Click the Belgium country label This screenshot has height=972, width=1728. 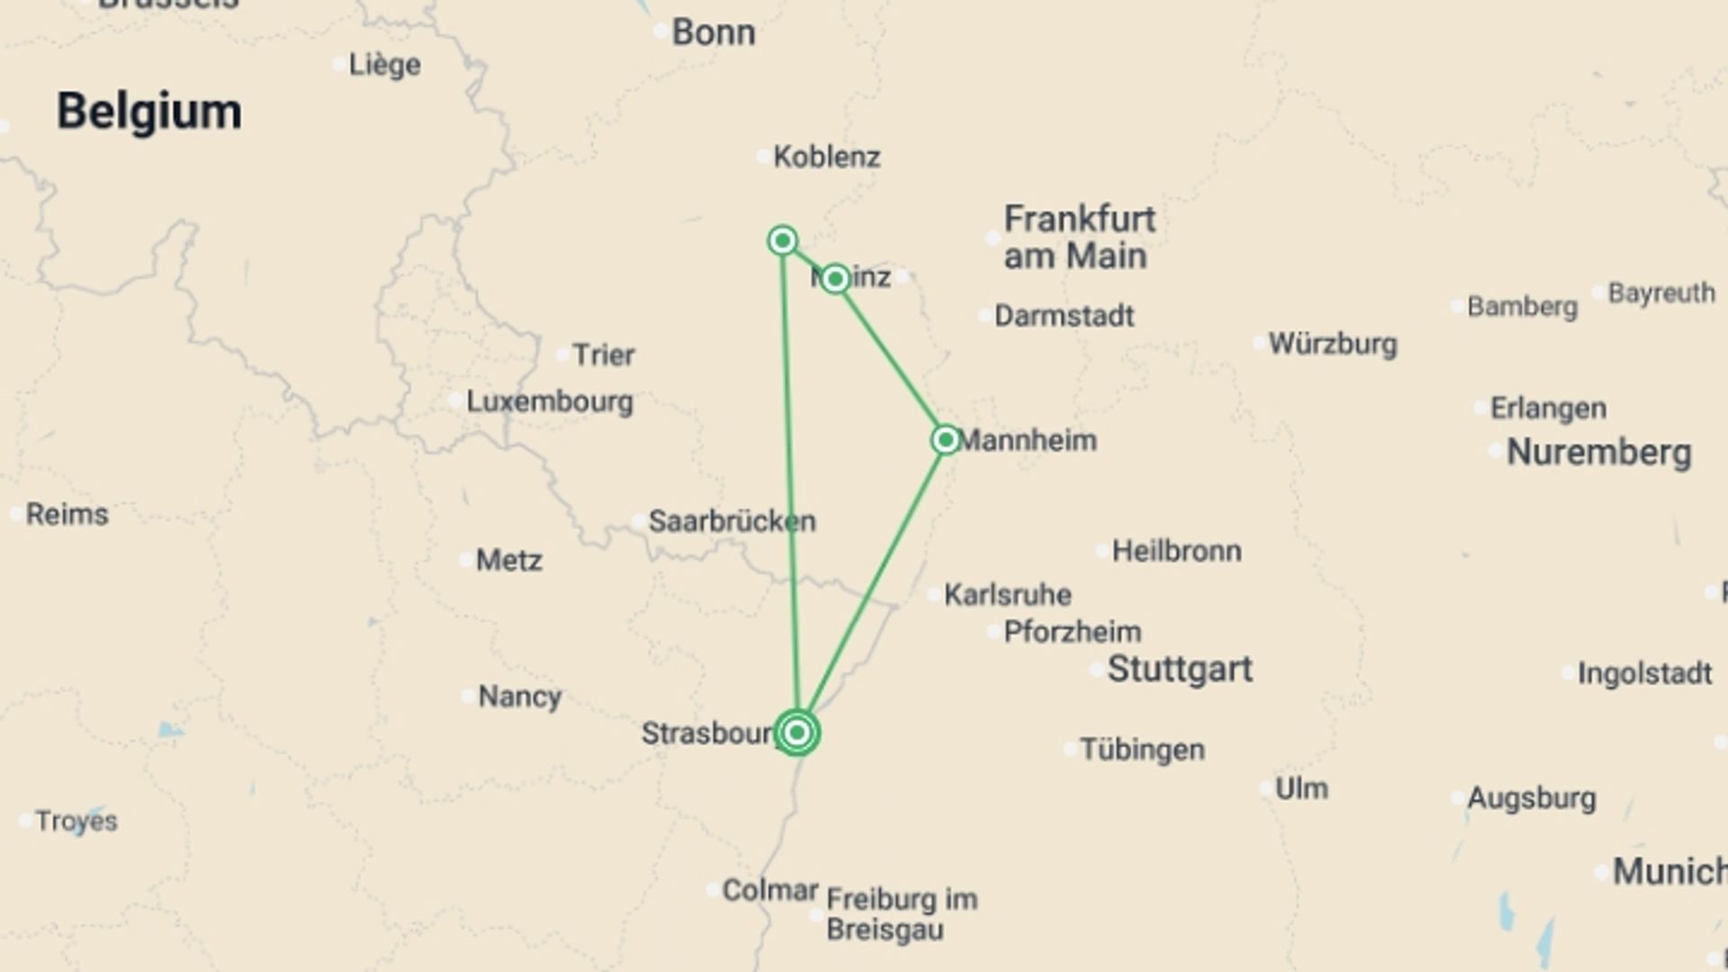pyautogui.click(x=148, y=112)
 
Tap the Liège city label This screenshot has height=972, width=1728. pyautogui.click(x=384, y=65)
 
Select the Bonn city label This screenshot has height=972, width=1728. pyautogui.click(x=713, y=32)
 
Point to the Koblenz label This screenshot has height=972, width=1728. pyautogui.click(x=826, y=157)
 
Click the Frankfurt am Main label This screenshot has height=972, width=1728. pyautogui.click(x=1079, y=238)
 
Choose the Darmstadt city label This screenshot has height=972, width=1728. pyautogui.click(x=1064, y=316)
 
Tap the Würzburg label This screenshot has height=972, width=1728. pyautogui.click(x=1332, y=344)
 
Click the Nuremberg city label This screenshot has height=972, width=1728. pyautogui.click(x=1598, y=452)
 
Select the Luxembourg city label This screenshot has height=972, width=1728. pyautogui.click(x=549, y=401)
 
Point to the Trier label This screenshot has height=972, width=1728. pyautogui.click(x=603, y=355)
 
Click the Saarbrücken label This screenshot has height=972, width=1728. pyautogui.click(x=732, y=521)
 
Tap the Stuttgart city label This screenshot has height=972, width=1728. pyautogui.click(x=1179, y=670)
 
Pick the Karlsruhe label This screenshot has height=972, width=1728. pyautogui.click(x=1007, y=595)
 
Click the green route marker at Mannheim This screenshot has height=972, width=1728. pyautogui.click(x=945, y=440)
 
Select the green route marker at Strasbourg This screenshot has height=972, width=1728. pyautogui.click(x=796, y=733)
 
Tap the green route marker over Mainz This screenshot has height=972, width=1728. pyautogui.click(x=835, y=279)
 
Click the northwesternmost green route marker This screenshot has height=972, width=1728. pyautogui.click(x=783, y=240)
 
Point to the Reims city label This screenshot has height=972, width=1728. pyautogui.click(x=67, y=515)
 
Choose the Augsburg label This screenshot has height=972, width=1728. pyautogui.click(x=1531, y=798)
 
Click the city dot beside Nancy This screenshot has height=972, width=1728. pyautogui.click(x=467, y=696)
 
